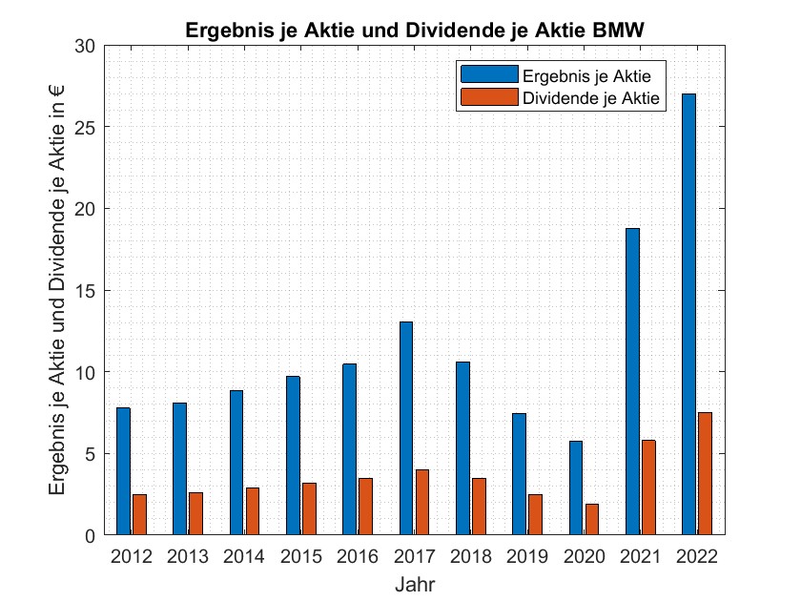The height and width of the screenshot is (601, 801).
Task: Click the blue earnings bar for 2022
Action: [688, 314]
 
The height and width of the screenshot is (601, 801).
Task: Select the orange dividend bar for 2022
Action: [705, 473]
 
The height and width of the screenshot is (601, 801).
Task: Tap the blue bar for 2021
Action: [632, 382]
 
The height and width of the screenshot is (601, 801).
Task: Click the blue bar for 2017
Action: [406, 428]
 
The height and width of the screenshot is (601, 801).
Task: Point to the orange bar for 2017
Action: [422, 502]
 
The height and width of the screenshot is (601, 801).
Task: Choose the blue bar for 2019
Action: [519, 474]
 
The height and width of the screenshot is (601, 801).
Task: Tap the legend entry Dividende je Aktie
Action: [591, 97]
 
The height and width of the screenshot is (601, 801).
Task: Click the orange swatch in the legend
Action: [489, 97]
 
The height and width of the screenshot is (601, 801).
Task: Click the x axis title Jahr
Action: [415, 583]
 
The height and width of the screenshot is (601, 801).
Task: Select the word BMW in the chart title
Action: [618, 31]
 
